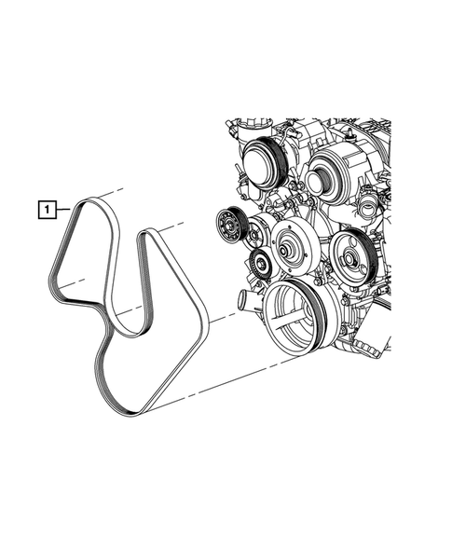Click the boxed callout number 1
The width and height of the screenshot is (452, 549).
pyautogui.click(x=47, y=210)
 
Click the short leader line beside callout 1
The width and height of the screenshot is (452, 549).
pyautogui.click(x=63, y=210)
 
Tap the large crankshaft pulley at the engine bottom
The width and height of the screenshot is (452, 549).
pyautogui.click(x=296, y=317)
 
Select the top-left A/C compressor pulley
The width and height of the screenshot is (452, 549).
pyautogui.click(x=264, y=163)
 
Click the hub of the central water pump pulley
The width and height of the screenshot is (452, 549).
pyautogui.click(x=282, y=251)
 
